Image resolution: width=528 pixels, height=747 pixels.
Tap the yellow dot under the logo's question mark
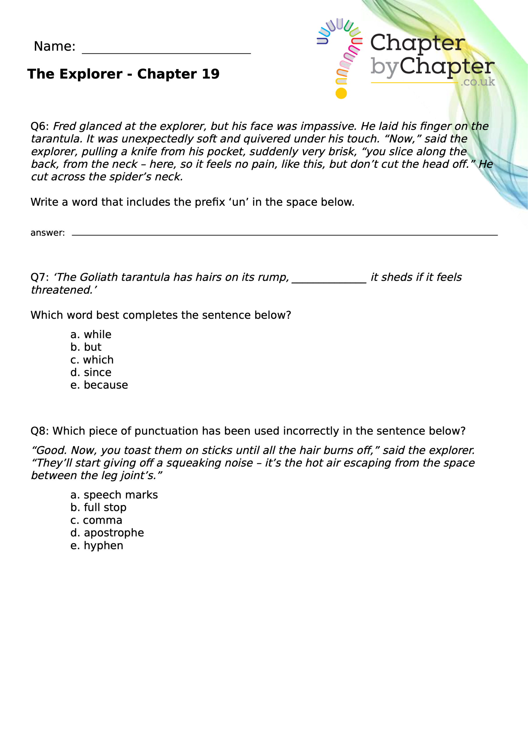[341, 93]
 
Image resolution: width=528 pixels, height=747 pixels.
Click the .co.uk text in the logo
[478, 82]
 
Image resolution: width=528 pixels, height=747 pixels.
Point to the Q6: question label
[39, 126]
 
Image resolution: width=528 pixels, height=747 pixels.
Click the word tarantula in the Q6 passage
[56, 139]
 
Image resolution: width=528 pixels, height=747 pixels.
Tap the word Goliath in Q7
[98, 277]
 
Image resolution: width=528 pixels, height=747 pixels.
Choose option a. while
[91, 334]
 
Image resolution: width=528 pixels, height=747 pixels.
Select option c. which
[92, 360]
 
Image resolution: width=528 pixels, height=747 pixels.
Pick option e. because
[99, 385]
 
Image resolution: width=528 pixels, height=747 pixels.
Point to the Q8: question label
[39, 431]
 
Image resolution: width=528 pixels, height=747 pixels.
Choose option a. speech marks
[114, 495]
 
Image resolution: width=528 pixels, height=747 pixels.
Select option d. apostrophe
[107, 533]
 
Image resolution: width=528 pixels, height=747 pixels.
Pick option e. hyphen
[97, 545]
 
